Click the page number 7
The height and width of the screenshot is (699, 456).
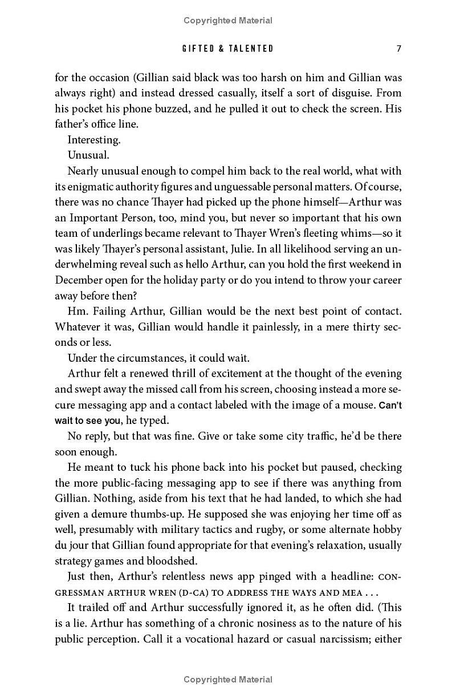tap(399, 49)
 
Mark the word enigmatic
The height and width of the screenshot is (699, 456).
tap(97, 187)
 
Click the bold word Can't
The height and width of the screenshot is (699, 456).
tap(390, 405)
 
